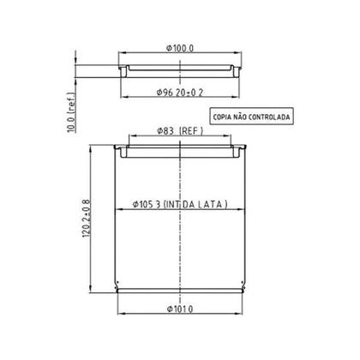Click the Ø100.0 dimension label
pyautogui.click(x=180, y=48)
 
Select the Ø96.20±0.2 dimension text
pyautogui.click(x=180, y=93)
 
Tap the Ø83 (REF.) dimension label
pyautogui.click(x=180, y=131)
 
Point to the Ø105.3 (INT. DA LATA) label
pyautogui.click(x=180, y=204)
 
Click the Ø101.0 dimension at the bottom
pyautogui.click(x=180, y=309)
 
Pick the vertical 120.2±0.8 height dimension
pyautogui.click(x=86, y=219)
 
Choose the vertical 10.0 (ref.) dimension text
pyautogui.click(x=71, y=112)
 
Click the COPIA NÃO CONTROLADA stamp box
pyautogui.click(x=252, y=116)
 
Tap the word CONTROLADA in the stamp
pyautogui.click(x=269, y=117)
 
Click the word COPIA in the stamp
pyautogui.click(x=222, y=117)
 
